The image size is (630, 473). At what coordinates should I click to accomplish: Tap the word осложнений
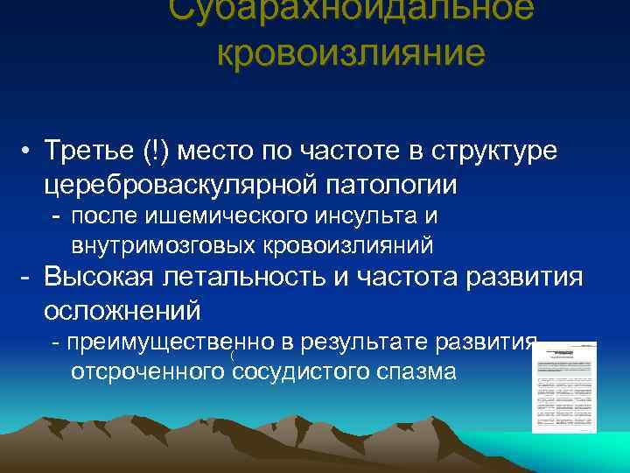122,311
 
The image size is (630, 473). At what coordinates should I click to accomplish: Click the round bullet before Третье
29,151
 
